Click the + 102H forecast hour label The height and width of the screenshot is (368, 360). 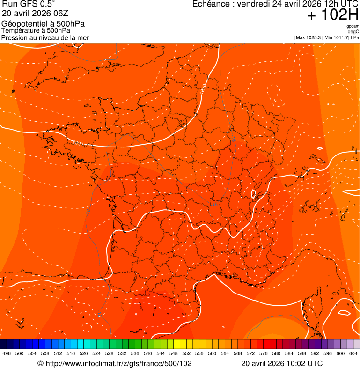point(333,15)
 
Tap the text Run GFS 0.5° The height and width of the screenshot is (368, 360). point(29,4)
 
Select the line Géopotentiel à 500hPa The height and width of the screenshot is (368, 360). point(43,24)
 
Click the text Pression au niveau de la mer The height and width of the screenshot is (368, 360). point(45,37)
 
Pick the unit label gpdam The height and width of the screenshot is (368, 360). point(353,26)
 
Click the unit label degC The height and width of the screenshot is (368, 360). point(353,32)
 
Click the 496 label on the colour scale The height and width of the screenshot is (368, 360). point(7,353)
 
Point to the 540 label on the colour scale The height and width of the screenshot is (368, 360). point(148,353)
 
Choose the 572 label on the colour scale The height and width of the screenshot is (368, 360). point(250,353)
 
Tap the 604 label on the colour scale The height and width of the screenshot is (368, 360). point(353,353)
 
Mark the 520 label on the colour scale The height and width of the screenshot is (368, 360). point(84,353)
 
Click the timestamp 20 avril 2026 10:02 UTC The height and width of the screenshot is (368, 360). point(282,363)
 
